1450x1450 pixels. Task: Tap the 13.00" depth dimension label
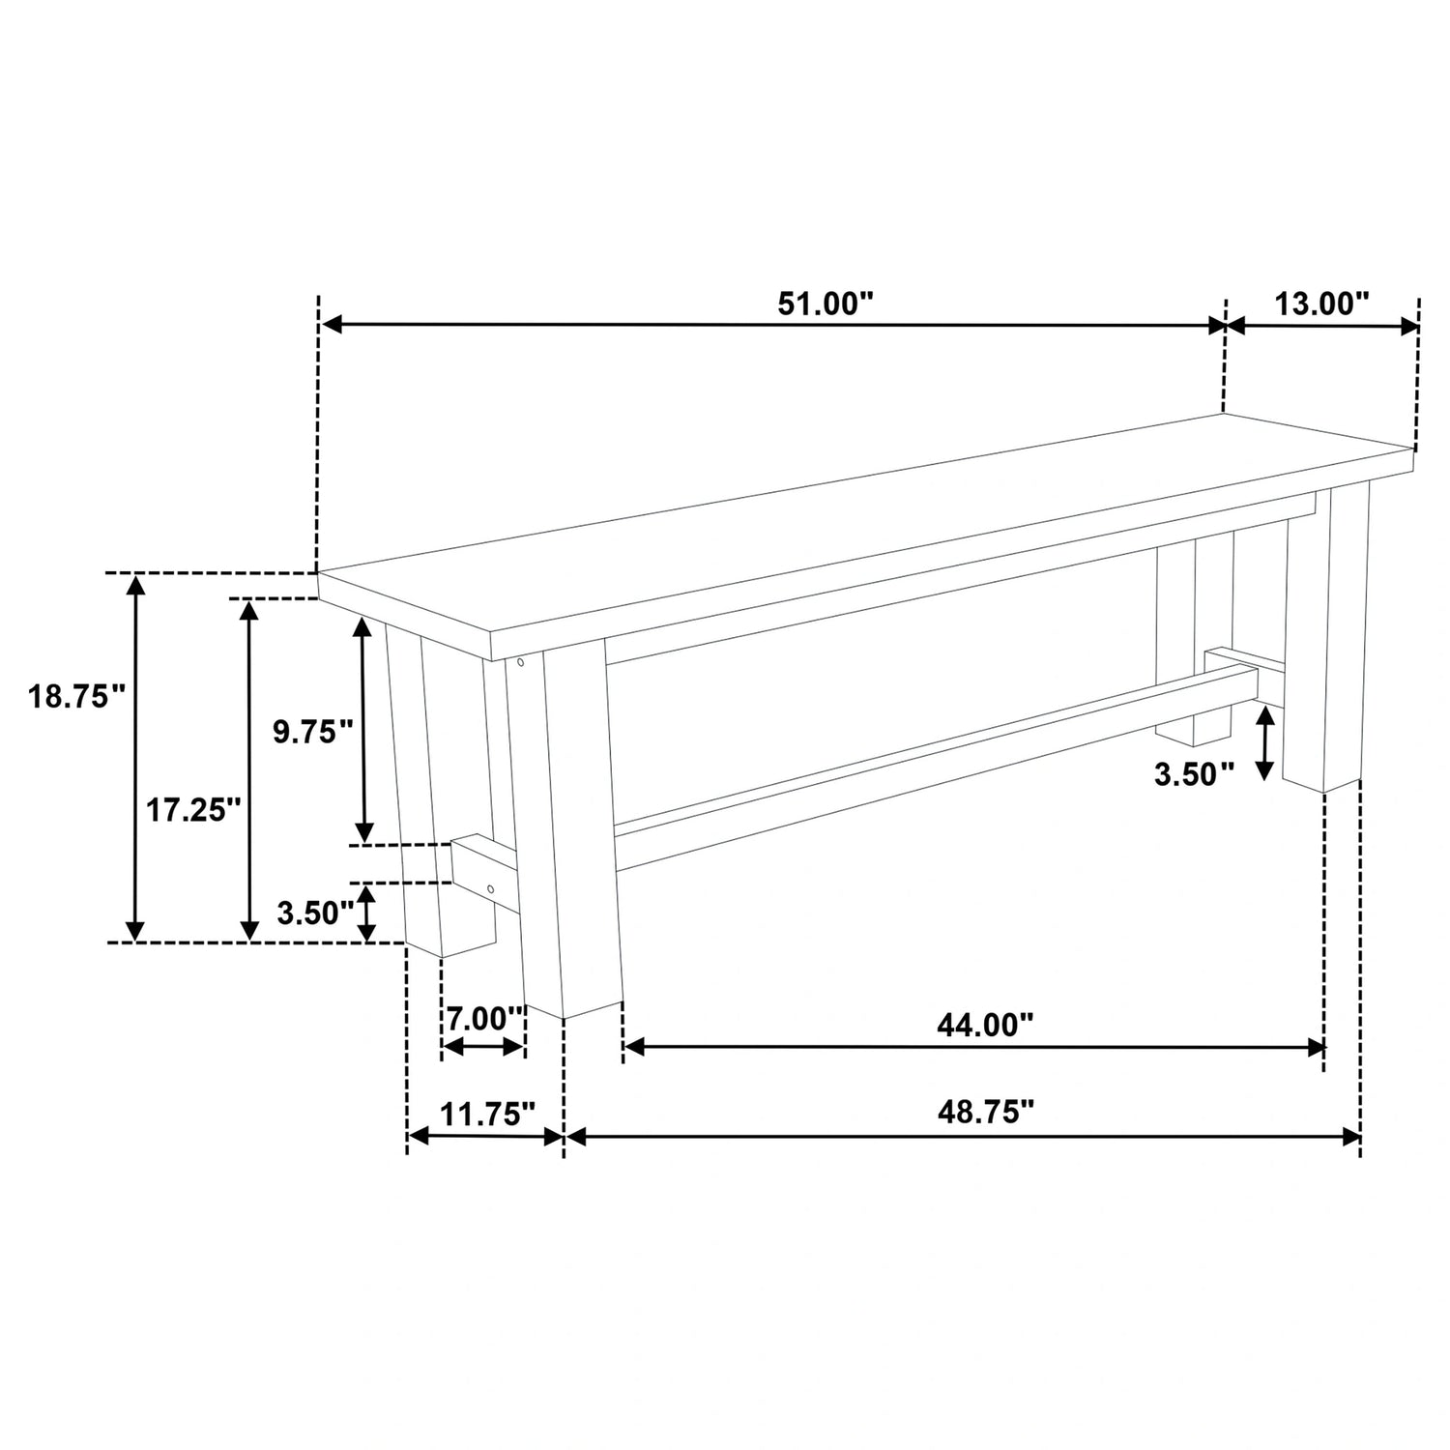(1322, 304)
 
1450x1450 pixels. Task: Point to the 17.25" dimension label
(192, 809)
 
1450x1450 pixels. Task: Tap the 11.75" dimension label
(487, 1114)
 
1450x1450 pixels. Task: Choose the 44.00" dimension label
(985, 1024)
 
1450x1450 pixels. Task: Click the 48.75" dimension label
(985, 1112)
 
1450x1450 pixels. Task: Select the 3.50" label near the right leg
(1195, 773)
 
